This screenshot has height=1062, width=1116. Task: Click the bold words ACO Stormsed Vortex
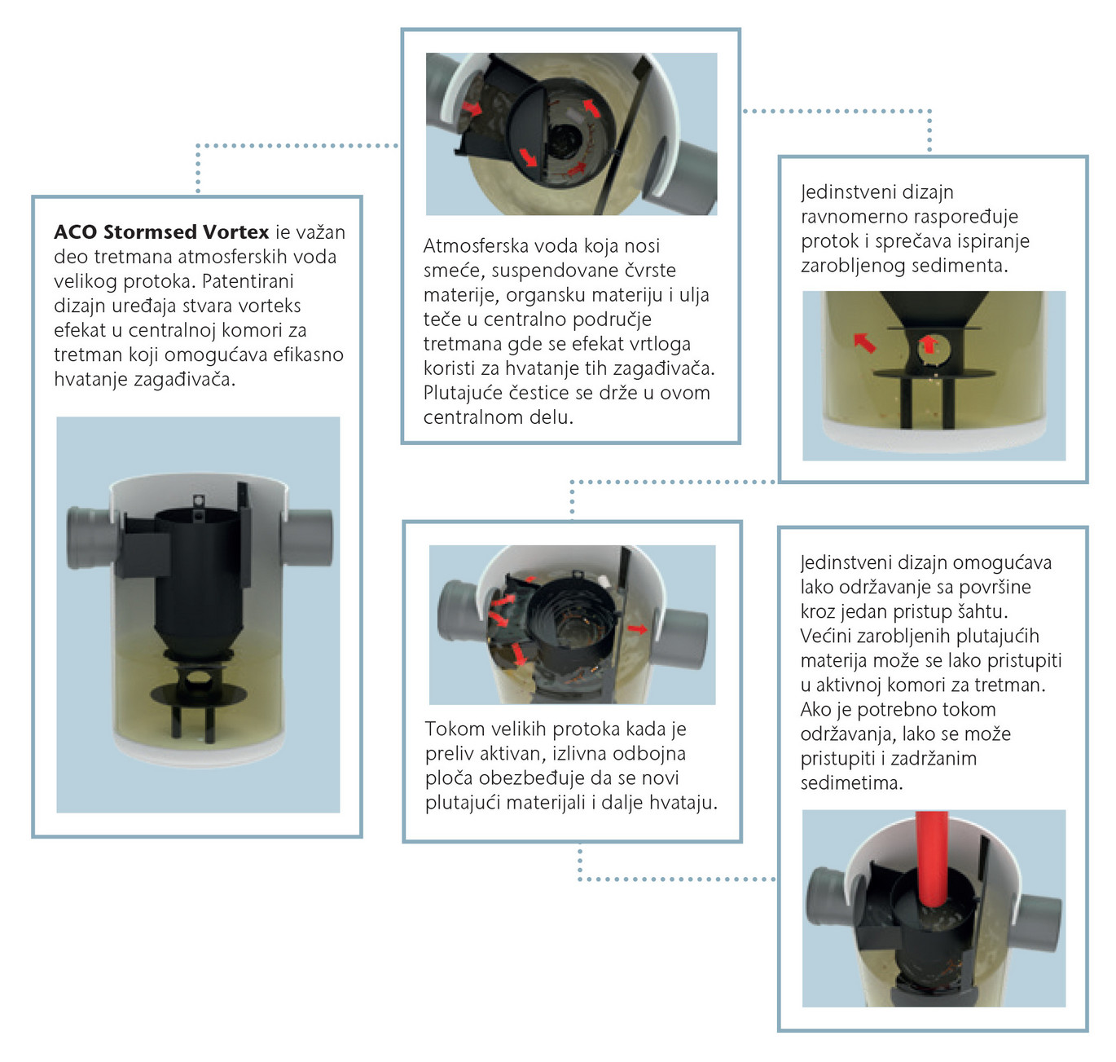161,231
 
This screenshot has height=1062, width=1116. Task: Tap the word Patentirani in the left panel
248,280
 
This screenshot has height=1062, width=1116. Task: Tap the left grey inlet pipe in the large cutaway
93,536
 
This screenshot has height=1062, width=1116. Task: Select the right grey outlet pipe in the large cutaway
307,537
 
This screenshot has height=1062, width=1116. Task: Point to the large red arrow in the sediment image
865,342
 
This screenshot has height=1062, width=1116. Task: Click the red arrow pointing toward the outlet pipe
637,629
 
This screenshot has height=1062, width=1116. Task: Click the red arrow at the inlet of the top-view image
471,108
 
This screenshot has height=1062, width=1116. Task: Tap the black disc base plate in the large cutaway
198,693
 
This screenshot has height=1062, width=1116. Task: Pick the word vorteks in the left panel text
269,305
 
